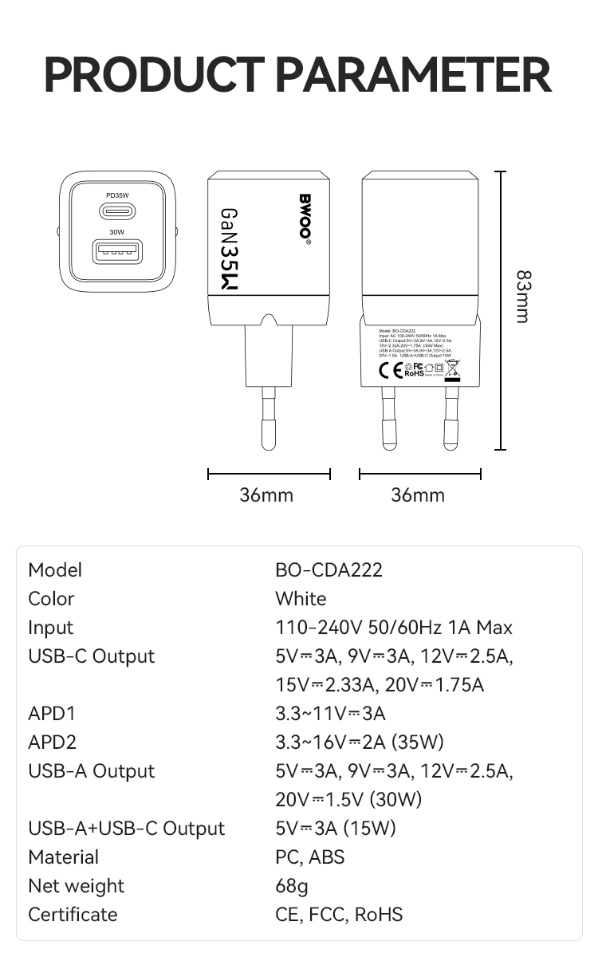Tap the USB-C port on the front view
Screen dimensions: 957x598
pyautogui.click(x=117, y=211)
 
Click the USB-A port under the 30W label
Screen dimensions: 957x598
pyautogui.click(x=117, y=253)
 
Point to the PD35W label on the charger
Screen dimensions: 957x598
pyautogui.click(x=117, y=195)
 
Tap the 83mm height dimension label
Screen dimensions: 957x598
pyautogui.click(x=522, y=297)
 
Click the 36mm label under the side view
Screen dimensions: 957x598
pyautogui.click(x=266, y=495)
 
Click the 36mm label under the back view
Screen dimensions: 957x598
pyautogui.click(x=418, y=495)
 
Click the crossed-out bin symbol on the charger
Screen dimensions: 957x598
pyautogui.click(x=452, y=368)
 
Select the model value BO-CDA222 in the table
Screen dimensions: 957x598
pyautogui.click(x=329, y=570)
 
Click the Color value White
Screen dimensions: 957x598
pyautogui.click(x=301, y=599)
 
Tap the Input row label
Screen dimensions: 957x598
pyautogui.click(x=50, y=628)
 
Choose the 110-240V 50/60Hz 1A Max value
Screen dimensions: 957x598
pyautogui.click(x=394, y=628)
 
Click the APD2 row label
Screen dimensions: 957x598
pyautogui.click(x=52, y=742)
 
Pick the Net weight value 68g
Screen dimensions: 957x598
pyautogui.click(x=291, y=886)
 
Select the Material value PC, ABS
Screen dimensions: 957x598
pyautogui.click(x=310, y=857)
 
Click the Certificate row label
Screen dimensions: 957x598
pyautogui.click(x=73, y=915)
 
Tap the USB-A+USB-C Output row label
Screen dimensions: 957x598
pyautogui.click(x=126, y=829)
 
